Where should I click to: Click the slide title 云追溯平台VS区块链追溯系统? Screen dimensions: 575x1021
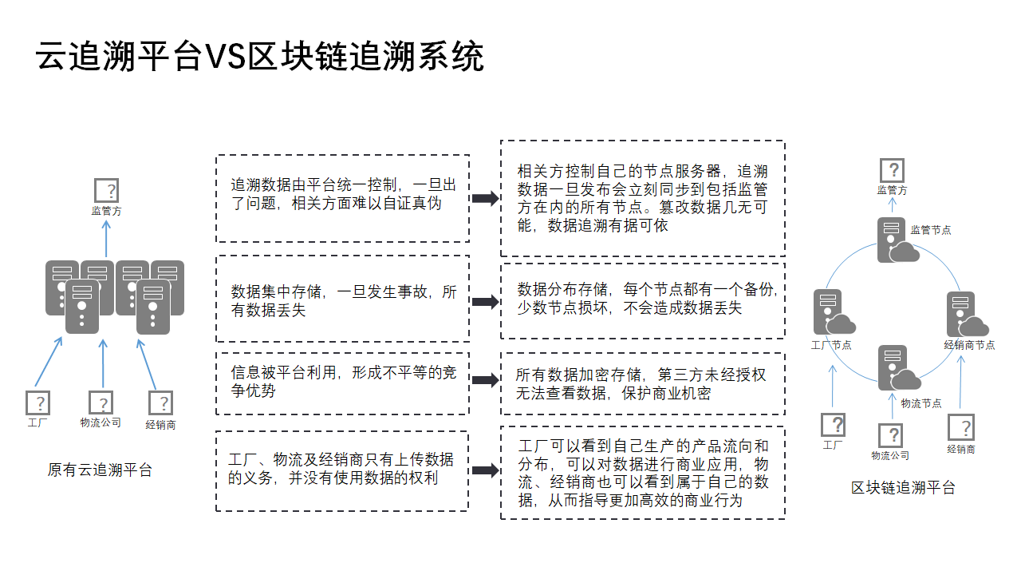pyautogui.click(x=260, y=57)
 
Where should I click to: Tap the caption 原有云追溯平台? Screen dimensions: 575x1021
pyautogui.click(x=100, y=470)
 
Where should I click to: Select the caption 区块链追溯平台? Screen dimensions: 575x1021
pyautogui.click(x=903, y=487)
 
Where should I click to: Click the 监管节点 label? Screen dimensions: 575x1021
pyautogui.click(x=931, y=230)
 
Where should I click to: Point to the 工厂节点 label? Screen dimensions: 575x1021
pyautogui.click(x=831, y=345)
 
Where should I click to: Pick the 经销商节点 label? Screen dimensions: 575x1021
pyautogui.click(x=969, y=345)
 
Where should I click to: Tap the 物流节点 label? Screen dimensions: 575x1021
pyautogui.click(x=921, y=403)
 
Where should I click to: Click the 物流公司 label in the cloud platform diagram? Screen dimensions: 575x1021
pyautogui.click(x=101, y=422)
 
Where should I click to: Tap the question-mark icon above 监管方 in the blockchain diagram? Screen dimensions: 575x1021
pyautogui.click(x=892, y=170)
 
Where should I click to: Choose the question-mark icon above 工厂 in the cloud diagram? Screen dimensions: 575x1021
pyautogui.click(x=37, y=402)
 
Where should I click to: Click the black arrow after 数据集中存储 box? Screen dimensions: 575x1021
pyautogui.click(x=484, y=302)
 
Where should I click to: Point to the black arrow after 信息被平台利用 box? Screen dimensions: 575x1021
pyautogui.click(x=484, y=380)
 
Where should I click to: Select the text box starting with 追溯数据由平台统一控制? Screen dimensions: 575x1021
pyautogui.click(x=343, y=198)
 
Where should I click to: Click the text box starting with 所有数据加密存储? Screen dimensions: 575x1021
pyautogui.click(x=642, y=383)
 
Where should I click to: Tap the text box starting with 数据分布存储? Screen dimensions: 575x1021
pyautogui.click(x=642, y=299)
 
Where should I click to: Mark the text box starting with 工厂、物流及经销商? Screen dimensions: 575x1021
pyautogui.click(x=342, y=470)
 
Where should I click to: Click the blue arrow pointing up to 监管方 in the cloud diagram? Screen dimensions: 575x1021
pyautogui.click(x=106, y=238)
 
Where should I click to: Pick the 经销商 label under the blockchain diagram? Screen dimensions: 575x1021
pyautogui.click(x=960, y=449)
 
